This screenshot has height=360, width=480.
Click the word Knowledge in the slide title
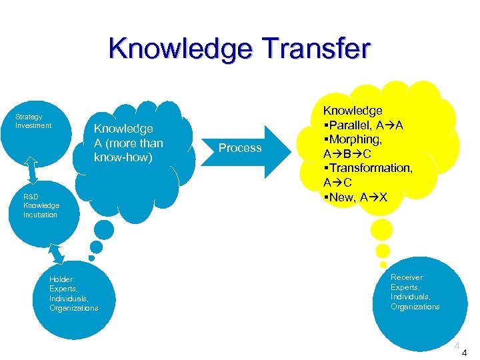(175, 49)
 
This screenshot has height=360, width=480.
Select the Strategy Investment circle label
(33, 121)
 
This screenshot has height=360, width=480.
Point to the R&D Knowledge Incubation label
(41, 206)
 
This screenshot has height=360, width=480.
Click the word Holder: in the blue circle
(62, 279)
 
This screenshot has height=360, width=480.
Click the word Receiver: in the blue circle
(408, 277)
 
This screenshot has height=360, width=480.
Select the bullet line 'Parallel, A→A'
(363, 125)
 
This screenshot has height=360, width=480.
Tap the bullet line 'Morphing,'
(353, 139)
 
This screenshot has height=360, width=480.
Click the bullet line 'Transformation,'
(369, 168)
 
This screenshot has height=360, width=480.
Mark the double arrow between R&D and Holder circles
(57, 253)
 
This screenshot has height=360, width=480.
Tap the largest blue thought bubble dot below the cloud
(104, 230)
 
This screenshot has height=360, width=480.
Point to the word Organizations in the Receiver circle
(415, 307)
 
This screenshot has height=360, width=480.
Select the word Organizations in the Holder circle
(74, 308)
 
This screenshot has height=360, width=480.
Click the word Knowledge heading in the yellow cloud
(353, 110)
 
